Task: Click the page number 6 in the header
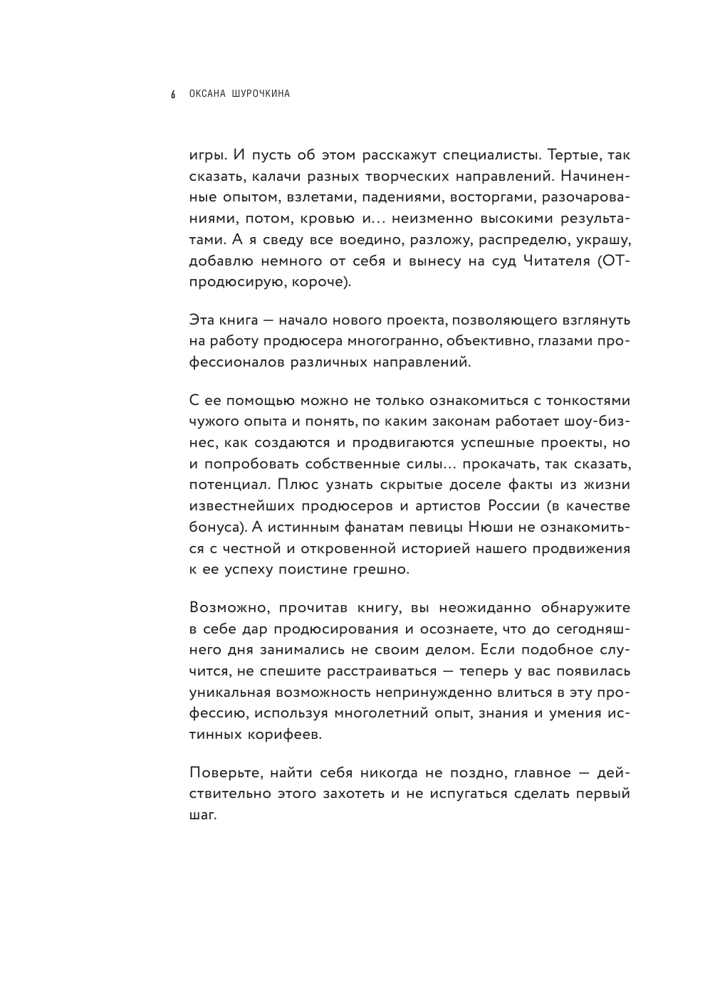click(172, 95)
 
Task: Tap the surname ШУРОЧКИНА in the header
click(261, 94)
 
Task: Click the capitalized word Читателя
click(548, 261)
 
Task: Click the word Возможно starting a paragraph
click(229, 609)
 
